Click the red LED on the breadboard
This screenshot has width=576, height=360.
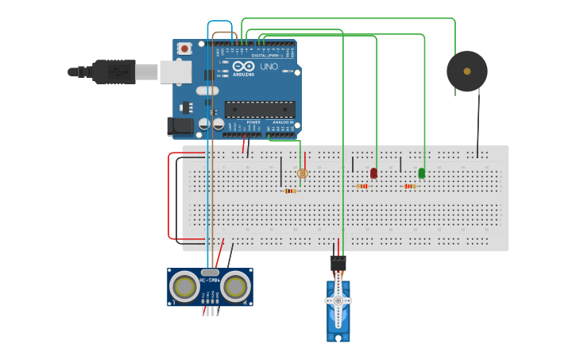(374, 172)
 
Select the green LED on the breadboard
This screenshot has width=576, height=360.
(422, 172)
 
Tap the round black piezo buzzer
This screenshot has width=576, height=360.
(466, 72)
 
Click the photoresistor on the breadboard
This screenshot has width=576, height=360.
(301, 173)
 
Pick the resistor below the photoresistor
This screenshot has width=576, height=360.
(290, 191)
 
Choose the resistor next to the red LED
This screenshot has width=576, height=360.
(362, 187)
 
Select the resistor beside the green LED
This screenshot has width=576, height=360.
(410, 187)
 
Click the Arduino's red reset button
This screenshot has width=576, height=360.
(185, 48)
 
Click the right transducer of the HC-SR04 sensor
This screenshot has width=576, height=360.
(236, 287)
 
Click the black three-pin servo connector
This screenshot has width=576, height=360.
(338, 262)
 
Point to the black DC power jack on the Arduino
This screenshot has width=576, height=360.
(180, 126)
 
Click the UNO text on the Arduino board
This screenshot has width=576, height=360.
(269, 67)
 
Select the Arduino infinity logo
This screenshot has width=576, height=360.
(243, 66)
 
